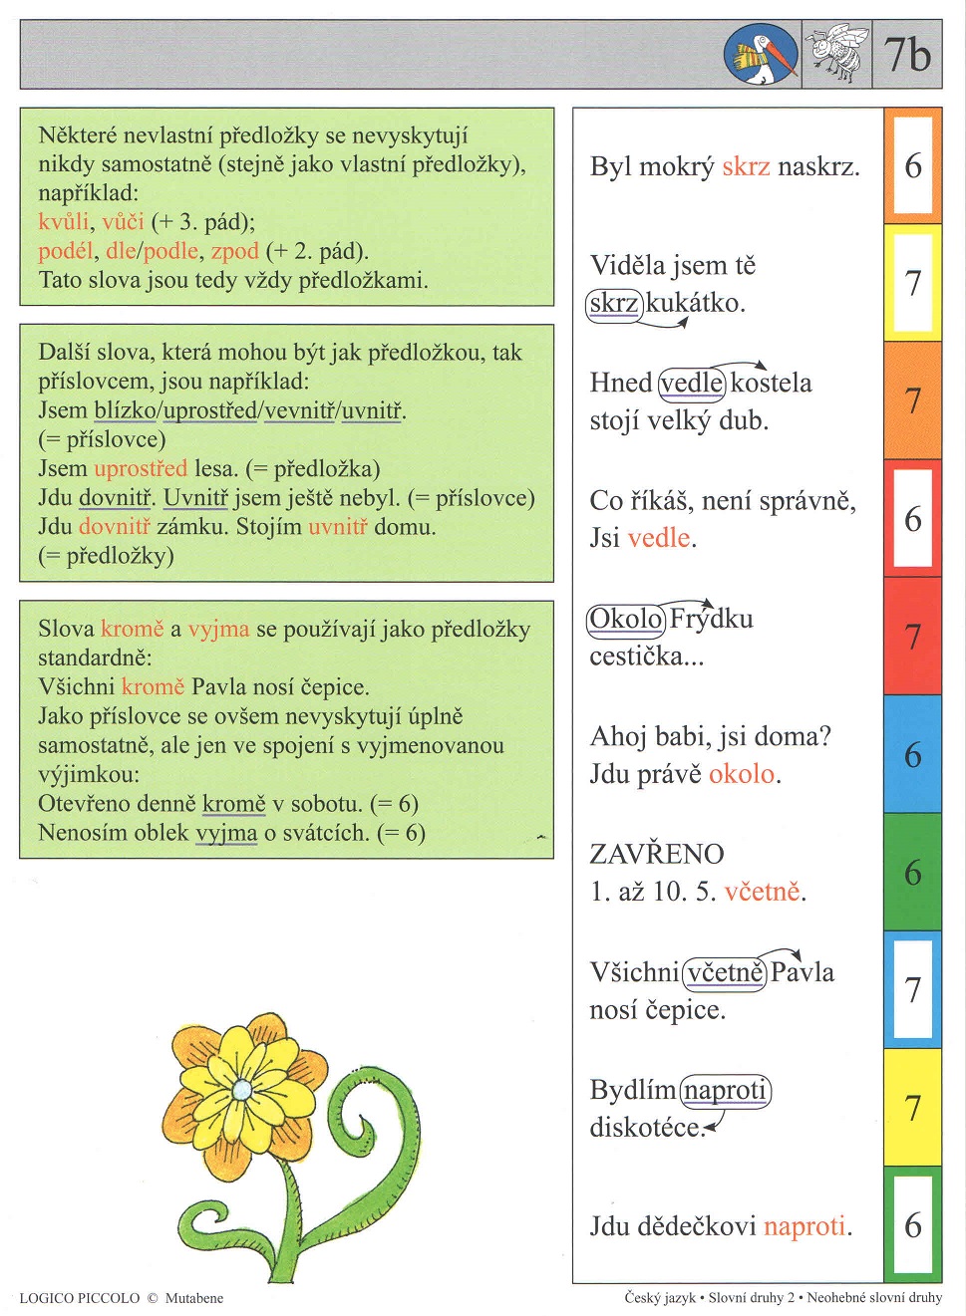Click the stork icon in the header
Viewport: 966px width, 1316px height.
tap(761, 54)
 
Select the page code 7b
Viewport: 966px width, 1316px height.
tap(907, 54)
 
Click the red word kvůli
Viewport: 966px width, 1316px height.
tap(63, 221)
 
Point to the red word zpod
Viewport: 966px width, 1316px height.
tap(234, 250)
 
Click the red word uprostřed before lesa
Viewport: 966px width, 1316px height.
tap(140, 468)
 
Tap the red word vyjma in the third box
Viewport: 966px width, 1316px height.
tap(218, 629)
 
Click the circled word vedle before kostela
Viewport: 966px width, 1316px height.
tap(692, 383)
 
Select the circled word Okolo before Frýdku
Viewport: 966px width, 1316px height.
tap(625, 619)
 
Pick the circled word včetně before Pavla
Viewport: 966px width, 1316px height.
tap(725, 972)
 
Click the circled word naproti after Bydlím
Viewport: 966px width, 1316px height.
tap(725, 1090)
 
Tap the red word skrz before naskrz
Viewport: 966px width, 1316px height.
tap(746, 166)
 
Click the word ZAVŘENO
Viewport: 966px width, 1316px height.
tap(656, 854)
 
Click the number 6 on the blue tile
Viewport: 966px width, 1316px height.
tap(912, 754)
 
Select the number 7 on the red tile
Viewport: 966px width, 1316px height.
tap(912, 636)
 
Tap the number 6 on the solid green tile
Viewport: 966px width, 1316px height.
tap(912, 872)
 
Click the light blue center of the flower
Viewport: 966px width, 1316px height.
tap(242, 1090)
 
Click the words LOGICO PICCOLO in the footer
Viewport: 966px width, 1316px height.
tap(80, 1298)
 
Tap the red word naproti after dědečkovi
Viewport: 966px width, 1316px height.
tap(804, 1225)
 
